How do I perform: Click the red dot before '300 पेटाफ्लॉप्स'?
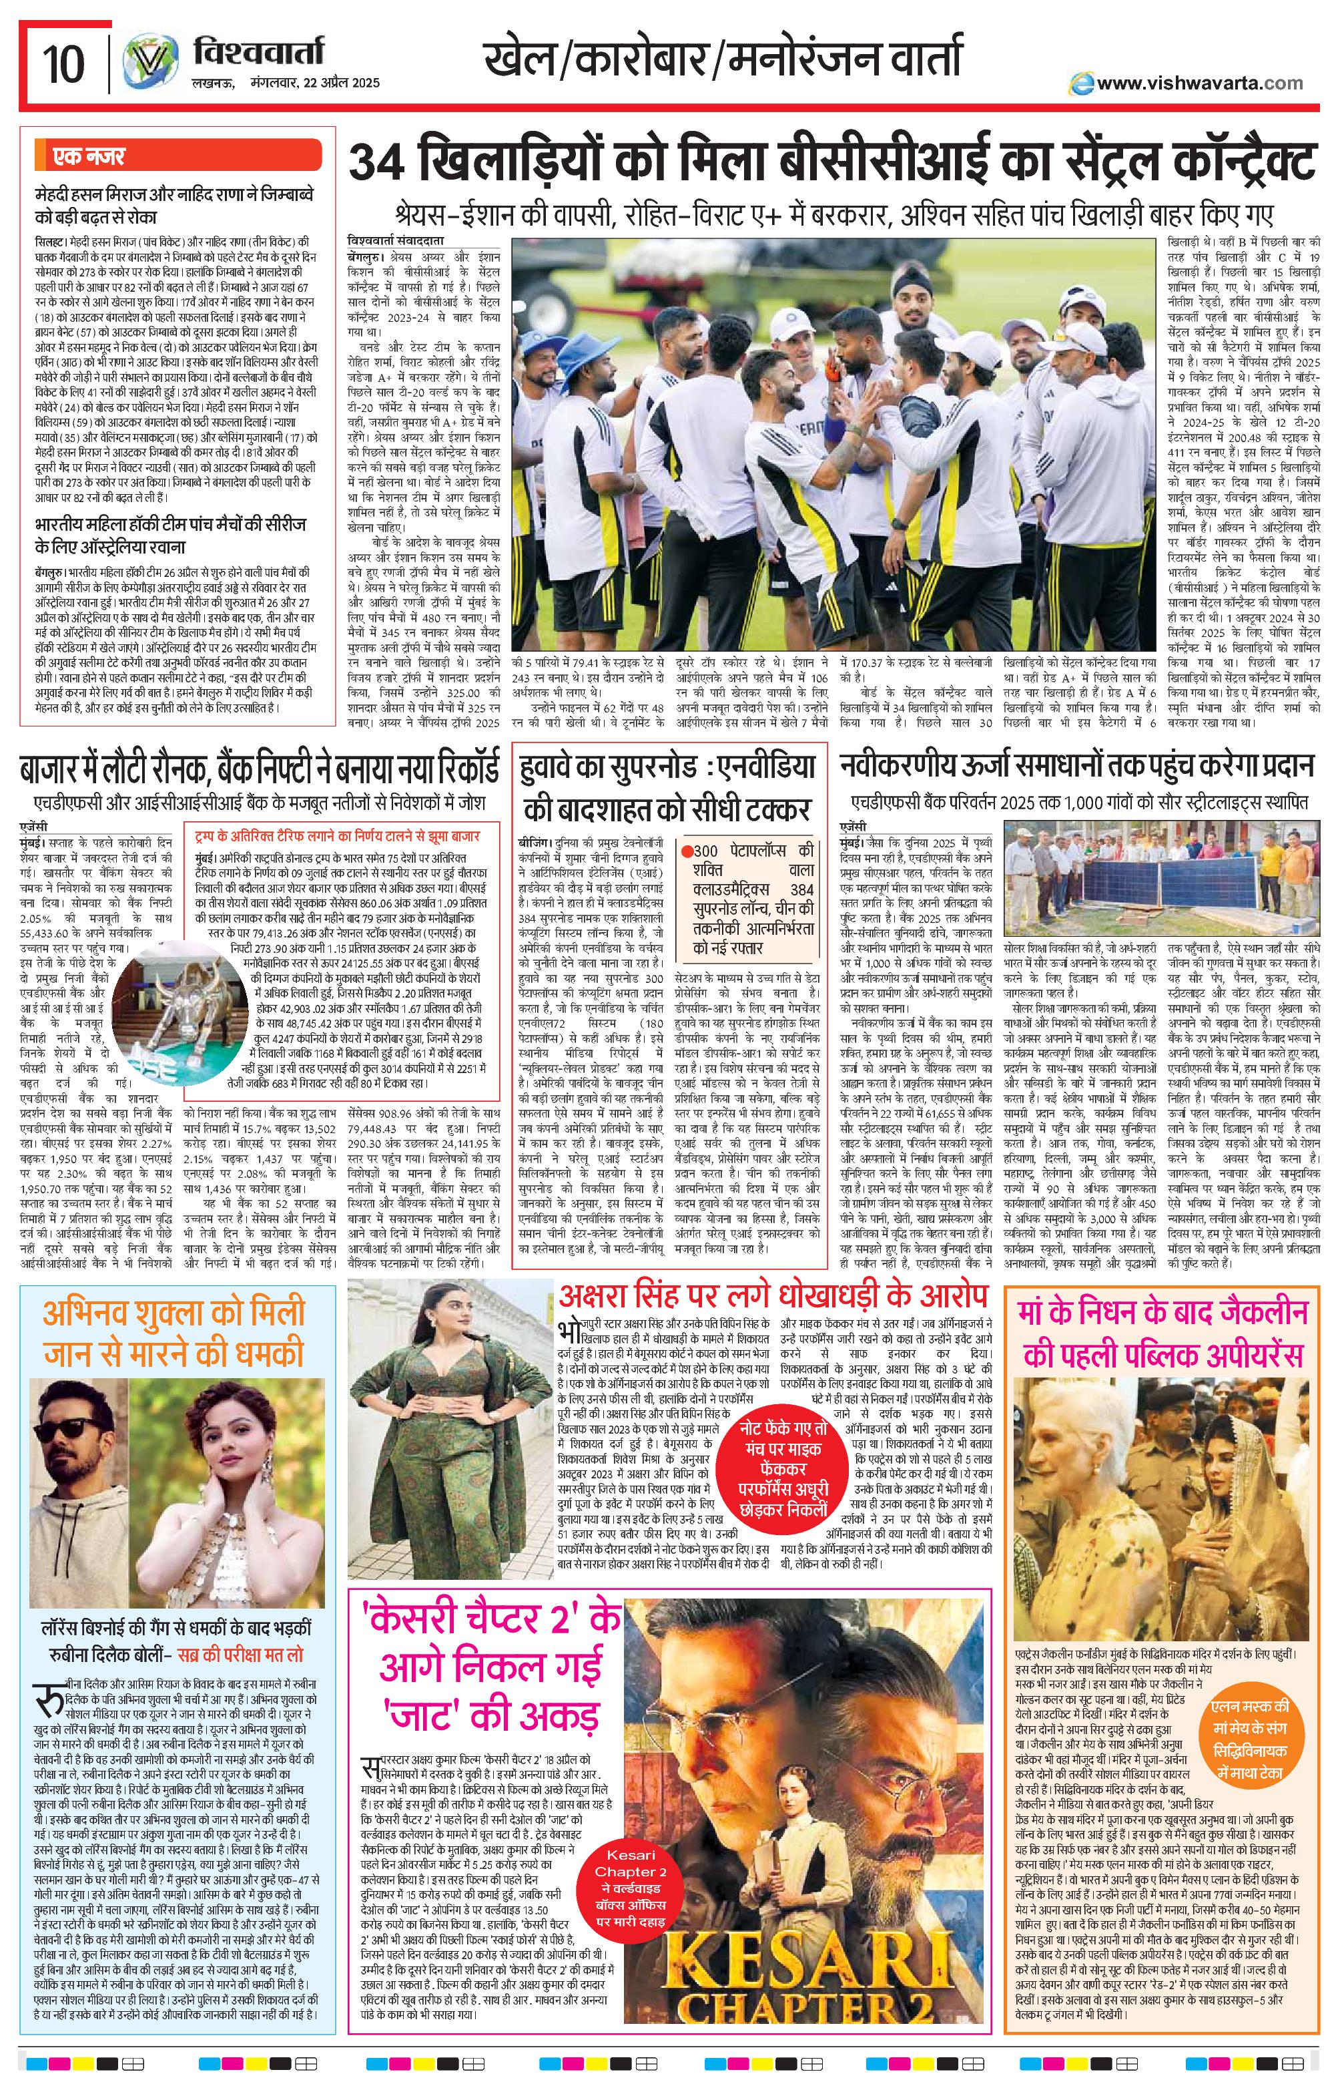pos(687,851)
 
